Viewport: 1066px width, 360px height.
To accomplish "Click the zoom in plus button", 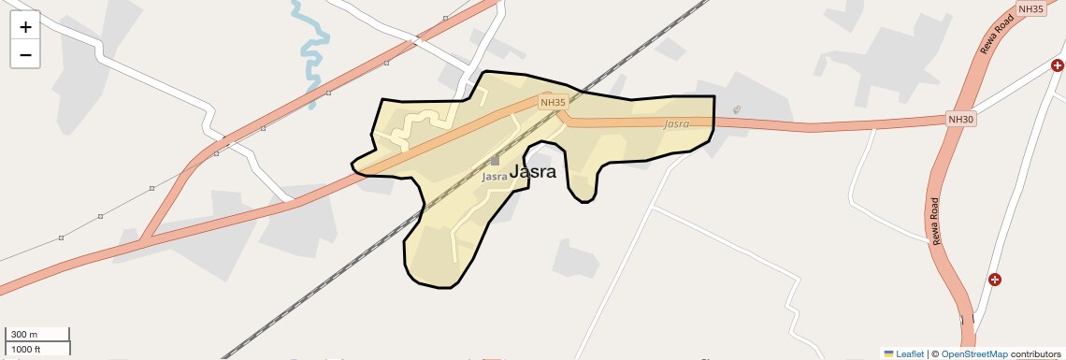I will pos(25,27).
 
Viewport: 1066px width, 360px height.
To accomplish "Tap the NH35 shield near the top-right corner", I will pos(1030,8).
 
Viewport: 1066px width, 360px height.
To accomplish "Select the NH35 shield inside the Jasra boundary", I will pos(553,102).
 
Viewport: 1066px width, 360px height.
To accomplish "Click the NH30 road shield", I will pos(961,119).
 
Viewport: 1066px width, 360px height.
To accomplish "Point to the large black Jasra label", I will pos(533,171).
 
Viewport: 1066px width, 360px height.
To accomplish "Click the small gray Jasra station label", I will pos(495,176).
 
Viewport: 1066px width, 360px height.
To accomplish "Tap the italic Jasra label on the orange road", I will pos(676,123).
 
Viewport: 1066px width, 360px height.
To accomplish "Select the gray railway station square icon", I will pos(496,161).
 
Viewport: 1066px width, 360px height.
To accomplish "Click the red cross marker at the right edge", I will pos(1058,65).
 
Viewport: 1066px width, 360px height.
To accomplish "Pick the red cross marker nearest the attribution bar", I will pos(995,280).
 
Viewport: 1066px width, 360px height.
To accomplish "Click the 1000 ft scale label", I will pos(26,349).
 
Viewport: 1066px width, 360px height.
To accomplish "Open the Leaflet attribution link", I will pos(910,354).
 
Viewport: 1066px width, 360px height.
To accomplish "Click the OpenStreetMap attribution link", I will pos(973,354).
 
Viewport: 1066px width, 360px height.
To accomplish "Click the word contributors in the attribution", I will pos(1036,354).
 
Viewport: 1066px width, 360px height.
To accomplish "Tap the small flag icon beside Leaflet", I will pos(888,354).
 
